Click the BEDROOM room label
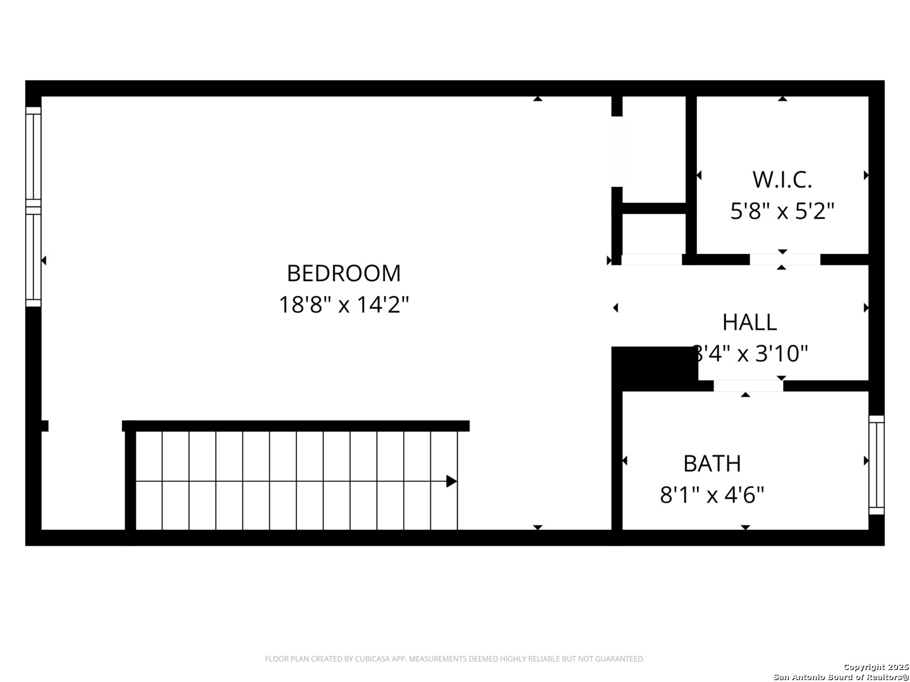[344, 273]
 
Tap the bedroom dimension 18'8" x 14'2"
[344, 305]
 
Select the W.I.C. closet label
[782, 180]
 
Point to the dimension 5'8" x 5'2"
[782, 211]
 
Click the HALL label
[749, 322]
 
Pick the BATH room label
[712, 464]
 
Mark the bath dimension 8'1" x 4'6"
[712, 495]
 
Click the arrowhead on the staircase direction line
[451, 481]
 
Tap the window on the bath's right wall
[877, 465]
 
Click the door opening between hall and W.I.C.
[785, 260]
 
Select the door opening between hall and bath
[748, 386]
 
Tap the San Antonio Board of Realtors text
[841, 677]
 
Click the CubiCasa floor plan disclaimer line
[454, 659]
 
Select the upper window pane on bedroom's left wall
[33, 157]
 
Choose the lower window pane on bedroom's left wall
[33, 257]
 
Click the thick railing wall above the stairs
[296, 426]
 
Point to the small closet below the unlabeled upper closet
[654, 234]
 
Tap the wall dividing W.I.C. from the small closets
[691, 177]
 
